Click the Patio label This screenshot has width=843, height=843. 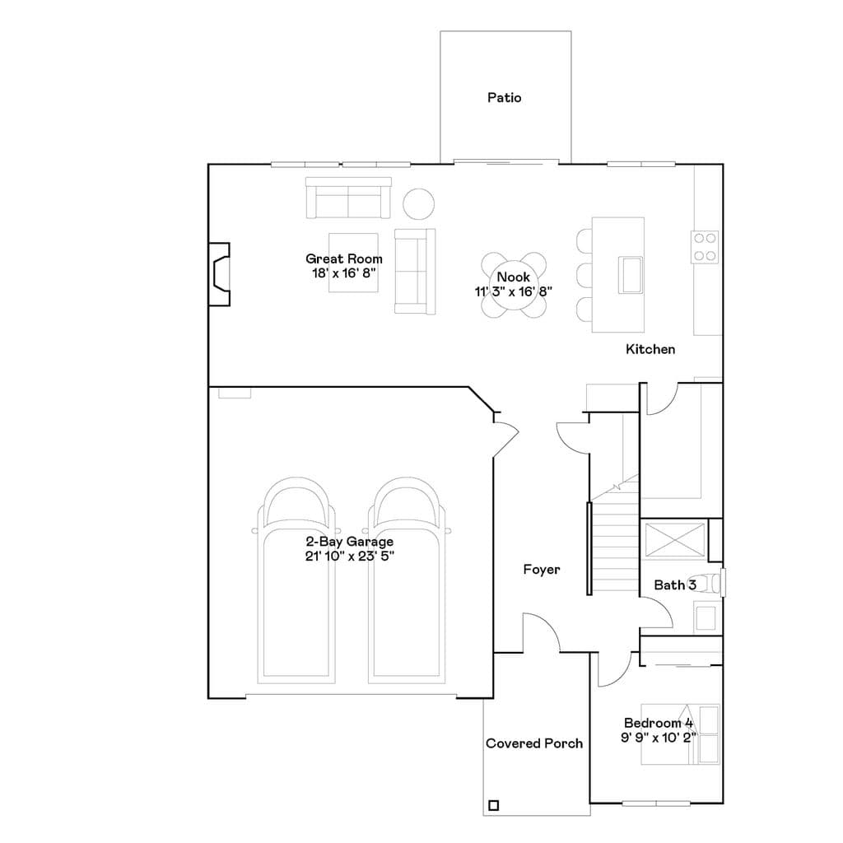click(x=505, y=97)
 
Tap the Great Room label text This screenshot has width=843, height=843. click(x=344, y=258)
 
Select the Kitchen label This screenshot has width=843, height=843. click(x=650, y=349)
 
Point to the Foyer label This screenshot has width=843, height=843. click(x=542, y=570)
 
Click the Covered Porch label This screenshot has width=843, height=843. click(x=534, y=743)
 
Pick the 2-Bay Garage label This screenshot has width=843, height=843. click(x=349, y=542)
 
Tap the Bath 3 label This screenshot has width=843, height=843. click(x=675, y=585)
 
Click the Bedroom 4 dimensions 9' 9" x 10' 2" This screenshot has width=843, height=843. click(x=659, y=737)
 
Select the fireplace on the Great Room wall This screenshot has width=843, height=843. click(x=219, y=274)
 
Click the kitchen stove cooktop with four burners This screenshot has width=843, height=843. click(x=705, y=247)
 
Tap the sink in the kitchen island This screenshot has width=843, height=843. click(x=631, y=275)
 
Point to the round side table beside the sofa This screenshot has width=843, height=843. click(x=419, y=204)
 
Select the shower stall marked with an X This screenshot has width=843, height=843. click(x=674, y=540)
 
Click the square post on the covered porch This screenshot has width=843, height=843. click(x=494, y=805)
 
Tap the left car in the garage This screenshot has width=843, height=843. click(x=296, y=580)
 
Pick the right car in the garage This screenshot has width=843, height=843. click(x=407, y=580)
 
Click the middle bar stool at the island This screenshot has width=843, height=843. click(x=585, y=275)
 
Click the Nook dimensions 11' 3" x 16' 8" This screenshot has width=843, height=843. click(x=514, y=291)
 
